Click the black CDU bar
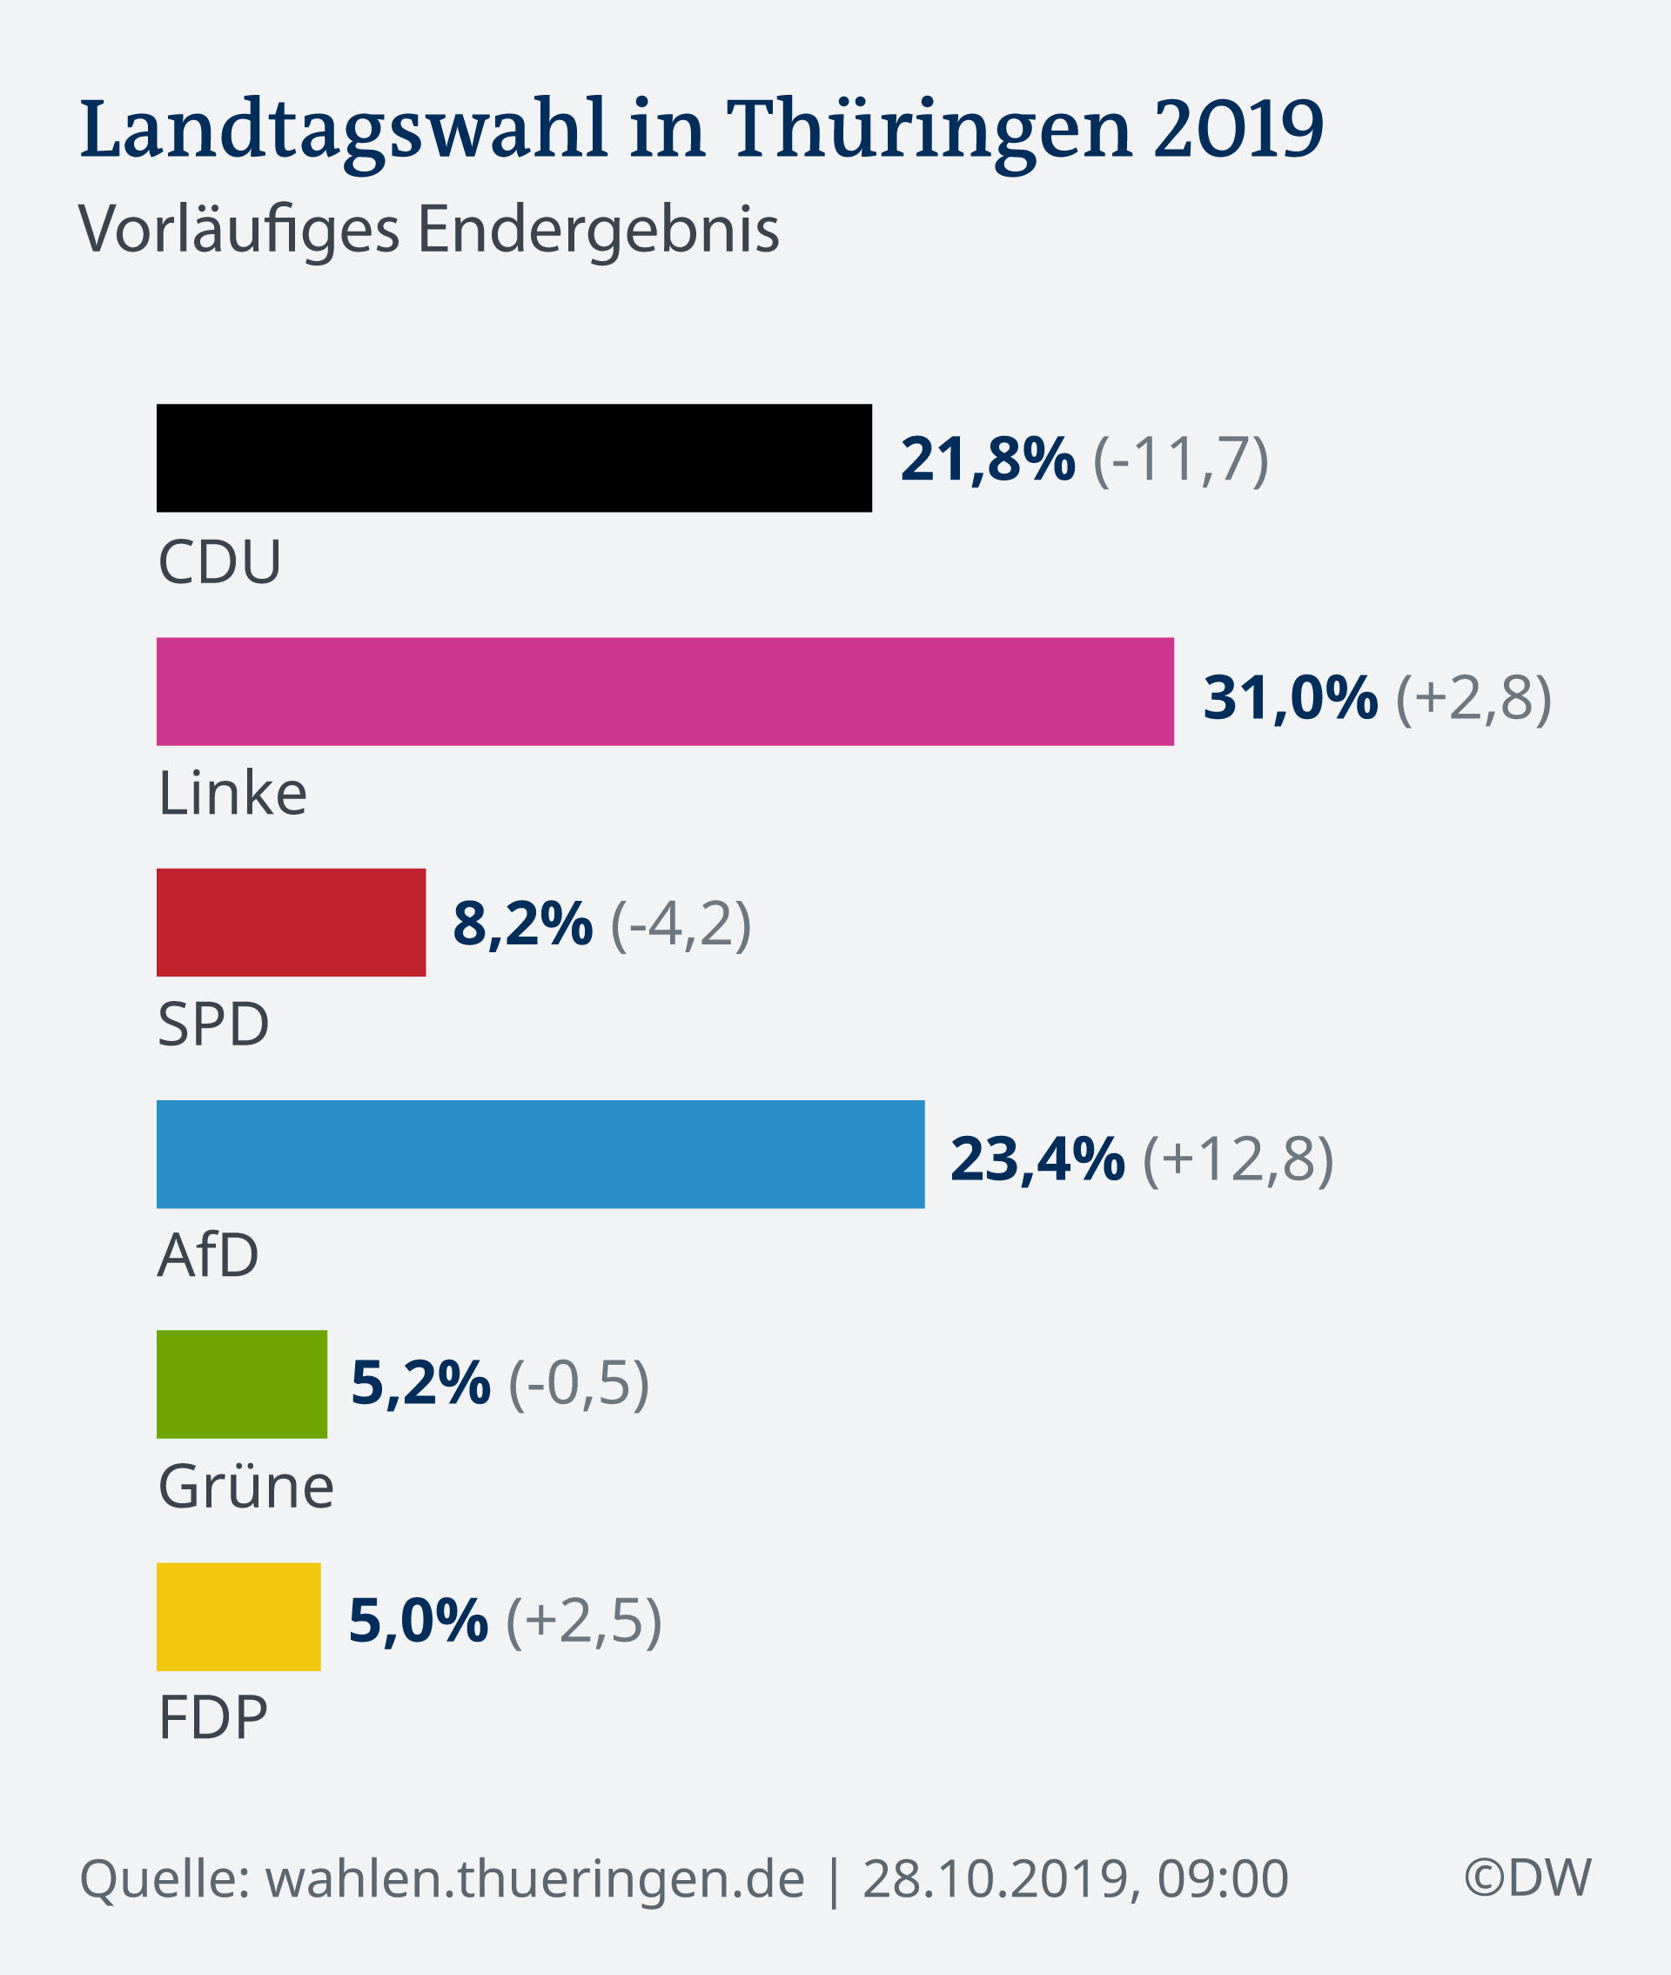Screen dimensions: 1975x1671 click(x=513, y=459)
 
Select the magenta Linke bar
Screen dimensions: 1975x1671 click(x=665, y=691)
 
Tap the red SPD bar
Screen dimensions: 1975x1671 click(x=291, y=922)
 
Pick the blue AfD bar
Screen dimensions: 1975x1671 click(x=540, y=1153)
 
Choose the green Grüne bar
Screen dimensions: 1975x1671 click(x=242, y=1384)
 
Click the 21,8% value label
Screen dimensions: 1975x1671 click(x=987, y=460)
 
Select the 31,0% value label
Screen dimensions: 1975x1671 click(x=1289, y=698)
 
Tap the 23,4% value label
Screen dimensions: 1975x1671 click(x=1037, y=1159)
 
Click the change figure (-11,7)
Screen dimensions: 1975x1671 click(x=1180, y=460)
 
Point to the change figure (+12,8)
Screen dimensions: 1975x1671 click(x=1238, y=1159)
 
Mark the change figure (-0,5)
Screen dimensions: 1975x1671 click(x=579, y=1383)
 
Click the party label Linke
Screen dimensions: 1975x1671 click(x=232, y=793)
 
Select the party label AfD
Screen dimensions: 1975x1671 click(x=208, y=1255)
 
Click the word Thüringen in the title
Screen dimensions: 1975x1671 click(x=929, y=129)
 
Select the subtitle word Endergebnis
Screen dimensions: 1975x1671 click(x=598, y=229)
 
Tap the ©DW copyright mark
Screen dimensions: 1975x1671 click(x=1527, y=1878)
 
